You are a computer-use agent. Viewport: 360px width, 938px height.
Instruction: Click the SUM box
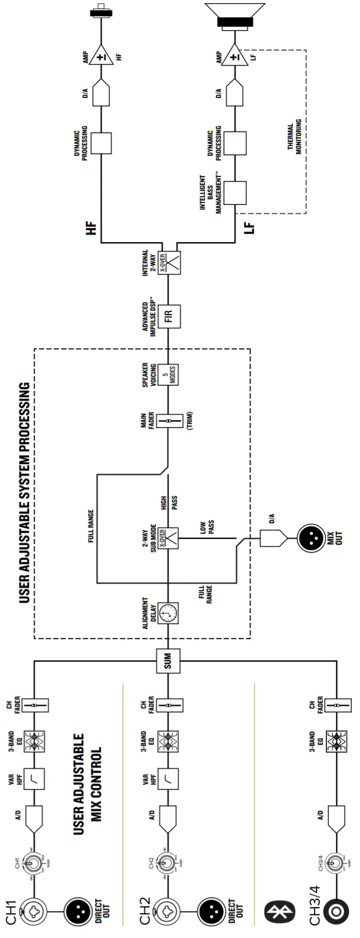(x=168, y=661)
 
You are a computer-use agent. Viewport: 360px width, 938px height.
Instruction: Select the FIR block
(x=169, y=315)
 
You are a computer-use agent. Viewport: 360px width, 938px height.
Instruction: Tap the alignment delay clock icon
(x=168, y=613)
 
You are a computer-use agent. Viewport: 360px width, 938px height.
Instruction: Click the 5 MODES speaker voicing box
(x=168, y=375)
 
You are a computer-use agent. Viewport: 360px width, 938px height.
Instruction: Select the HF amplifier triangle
(x=101, y=55)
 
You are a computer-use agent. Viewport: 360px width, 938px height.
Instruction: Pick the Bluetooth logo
(x=279, y=912)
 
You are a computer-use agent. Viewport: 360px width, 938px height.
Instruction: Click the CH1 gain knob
(x=34, y=863)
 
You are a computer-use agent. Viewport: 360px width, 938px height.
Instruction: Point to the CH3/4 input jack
(x=336, y=912)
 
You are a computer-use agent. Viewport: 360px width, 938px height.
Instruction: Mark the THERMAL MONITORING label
(x=294, y=137)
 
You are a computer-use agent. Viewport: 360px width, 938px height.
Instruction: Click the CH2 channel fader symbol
(x=168, y=705)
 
